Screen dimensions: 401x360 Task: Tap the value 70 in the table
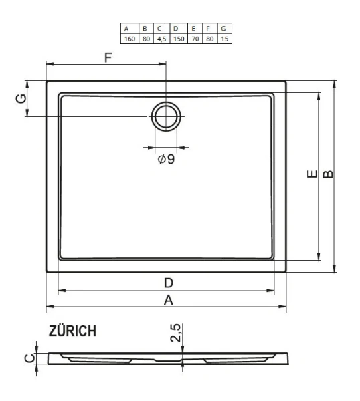(193, 38)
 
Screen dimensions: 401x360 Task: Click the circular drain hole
(165, 117)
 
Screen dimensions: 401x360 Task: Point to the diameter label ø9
(167, 159)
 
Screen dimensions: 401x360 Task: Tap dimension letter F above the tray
(107, 57)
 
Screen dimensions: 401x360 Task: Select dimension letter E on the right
(310, 176)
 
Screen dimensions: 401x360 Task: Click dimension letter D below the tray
(169, 283)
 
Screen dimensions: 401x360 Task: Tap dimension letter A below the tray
(169, 300)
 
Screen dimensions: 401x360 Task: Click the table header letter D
(176, 29)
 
